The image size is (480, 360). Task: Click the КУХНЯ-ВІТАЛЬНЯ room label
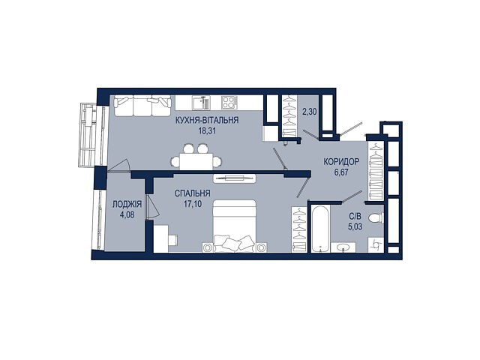[207, 120]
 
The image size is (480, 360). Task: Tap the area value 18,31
[207, 131]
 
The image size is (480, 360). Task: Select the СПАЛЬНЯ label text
[192, 193]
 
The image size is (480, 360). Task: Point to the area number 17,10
[193, 204]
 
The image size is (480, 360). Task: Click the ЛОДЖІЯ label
[127, 204]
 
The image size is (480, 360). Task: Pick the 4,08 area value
[127, 214]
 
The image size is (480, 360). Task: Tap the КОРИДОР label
[341, 162]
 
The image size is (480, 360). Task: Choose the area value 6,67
[341, 172]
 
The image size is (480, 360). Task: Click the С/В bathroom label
[355, 217]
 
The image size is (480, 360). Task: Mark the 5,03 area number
[355, 227]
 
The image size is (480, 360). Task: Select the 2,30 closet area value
[310, 112]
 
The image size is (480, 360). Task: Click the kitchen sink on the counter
[201, 103]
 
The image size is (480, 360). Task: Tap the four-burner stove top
[229, 103]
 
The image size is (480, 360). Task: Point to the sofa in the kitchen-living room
[142, 106]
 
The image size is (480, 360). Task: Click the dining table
[196, 161]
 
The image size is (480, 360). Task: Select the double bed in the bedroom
[234, 226]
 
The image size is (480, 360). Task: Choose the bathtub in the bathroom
[320, 228]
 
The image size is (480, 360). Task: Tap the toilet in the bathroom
[376, 218]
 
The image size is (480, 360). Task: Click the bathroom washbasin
[343, 247]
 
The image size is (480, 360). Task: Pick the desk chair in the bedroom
[173, 240]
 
